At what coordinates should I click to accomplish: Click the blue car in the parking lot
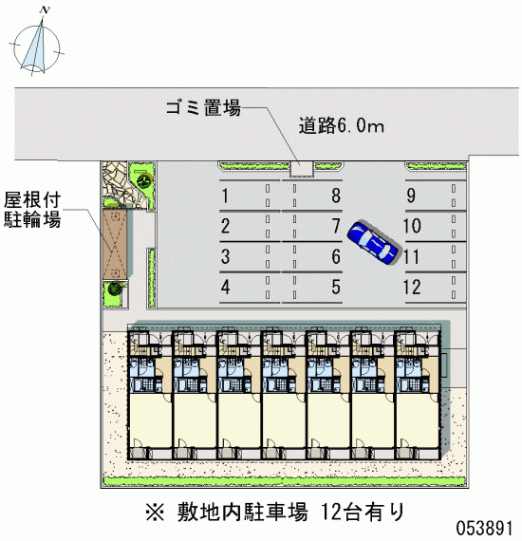pyautogui.click(x=372, y=243)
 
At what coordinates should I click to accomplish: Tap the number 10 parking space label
pyautogui.click(x=412, y=226)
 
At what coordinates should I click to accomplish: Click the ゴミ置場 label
pyautogui.click(x=203, y=107)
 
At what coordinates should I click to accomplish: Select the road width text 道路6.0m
pyautogui.click(x=342, y=125)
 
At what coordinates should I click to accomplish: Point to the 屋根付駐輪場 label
pyautogui.click(x=32, y=210)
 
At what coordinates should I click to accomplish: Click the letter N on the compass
pyautogui.click(x=45, y=10)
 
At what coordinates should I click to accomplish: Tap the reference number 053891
pyautogui.click(x=485, y=528)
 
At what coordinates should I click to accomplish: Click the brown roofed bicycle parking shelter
pyautogui.click(x=115, y=244)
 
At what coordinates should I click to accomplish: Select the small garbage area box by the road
pyautogui.click(x=301, y=169)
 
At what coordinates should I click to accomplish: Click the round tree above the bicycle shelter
pyautogui.click(x=143, y=180)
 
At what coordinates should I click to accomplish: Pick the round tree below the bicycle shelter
pyautogui.click(x=114, y=289)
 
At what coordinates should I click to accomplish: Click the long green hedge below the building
pyautogui.click(x=285, y=481)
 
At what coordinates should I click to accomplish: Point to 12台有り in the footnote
pyautogui.click(x=363, y=512)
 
